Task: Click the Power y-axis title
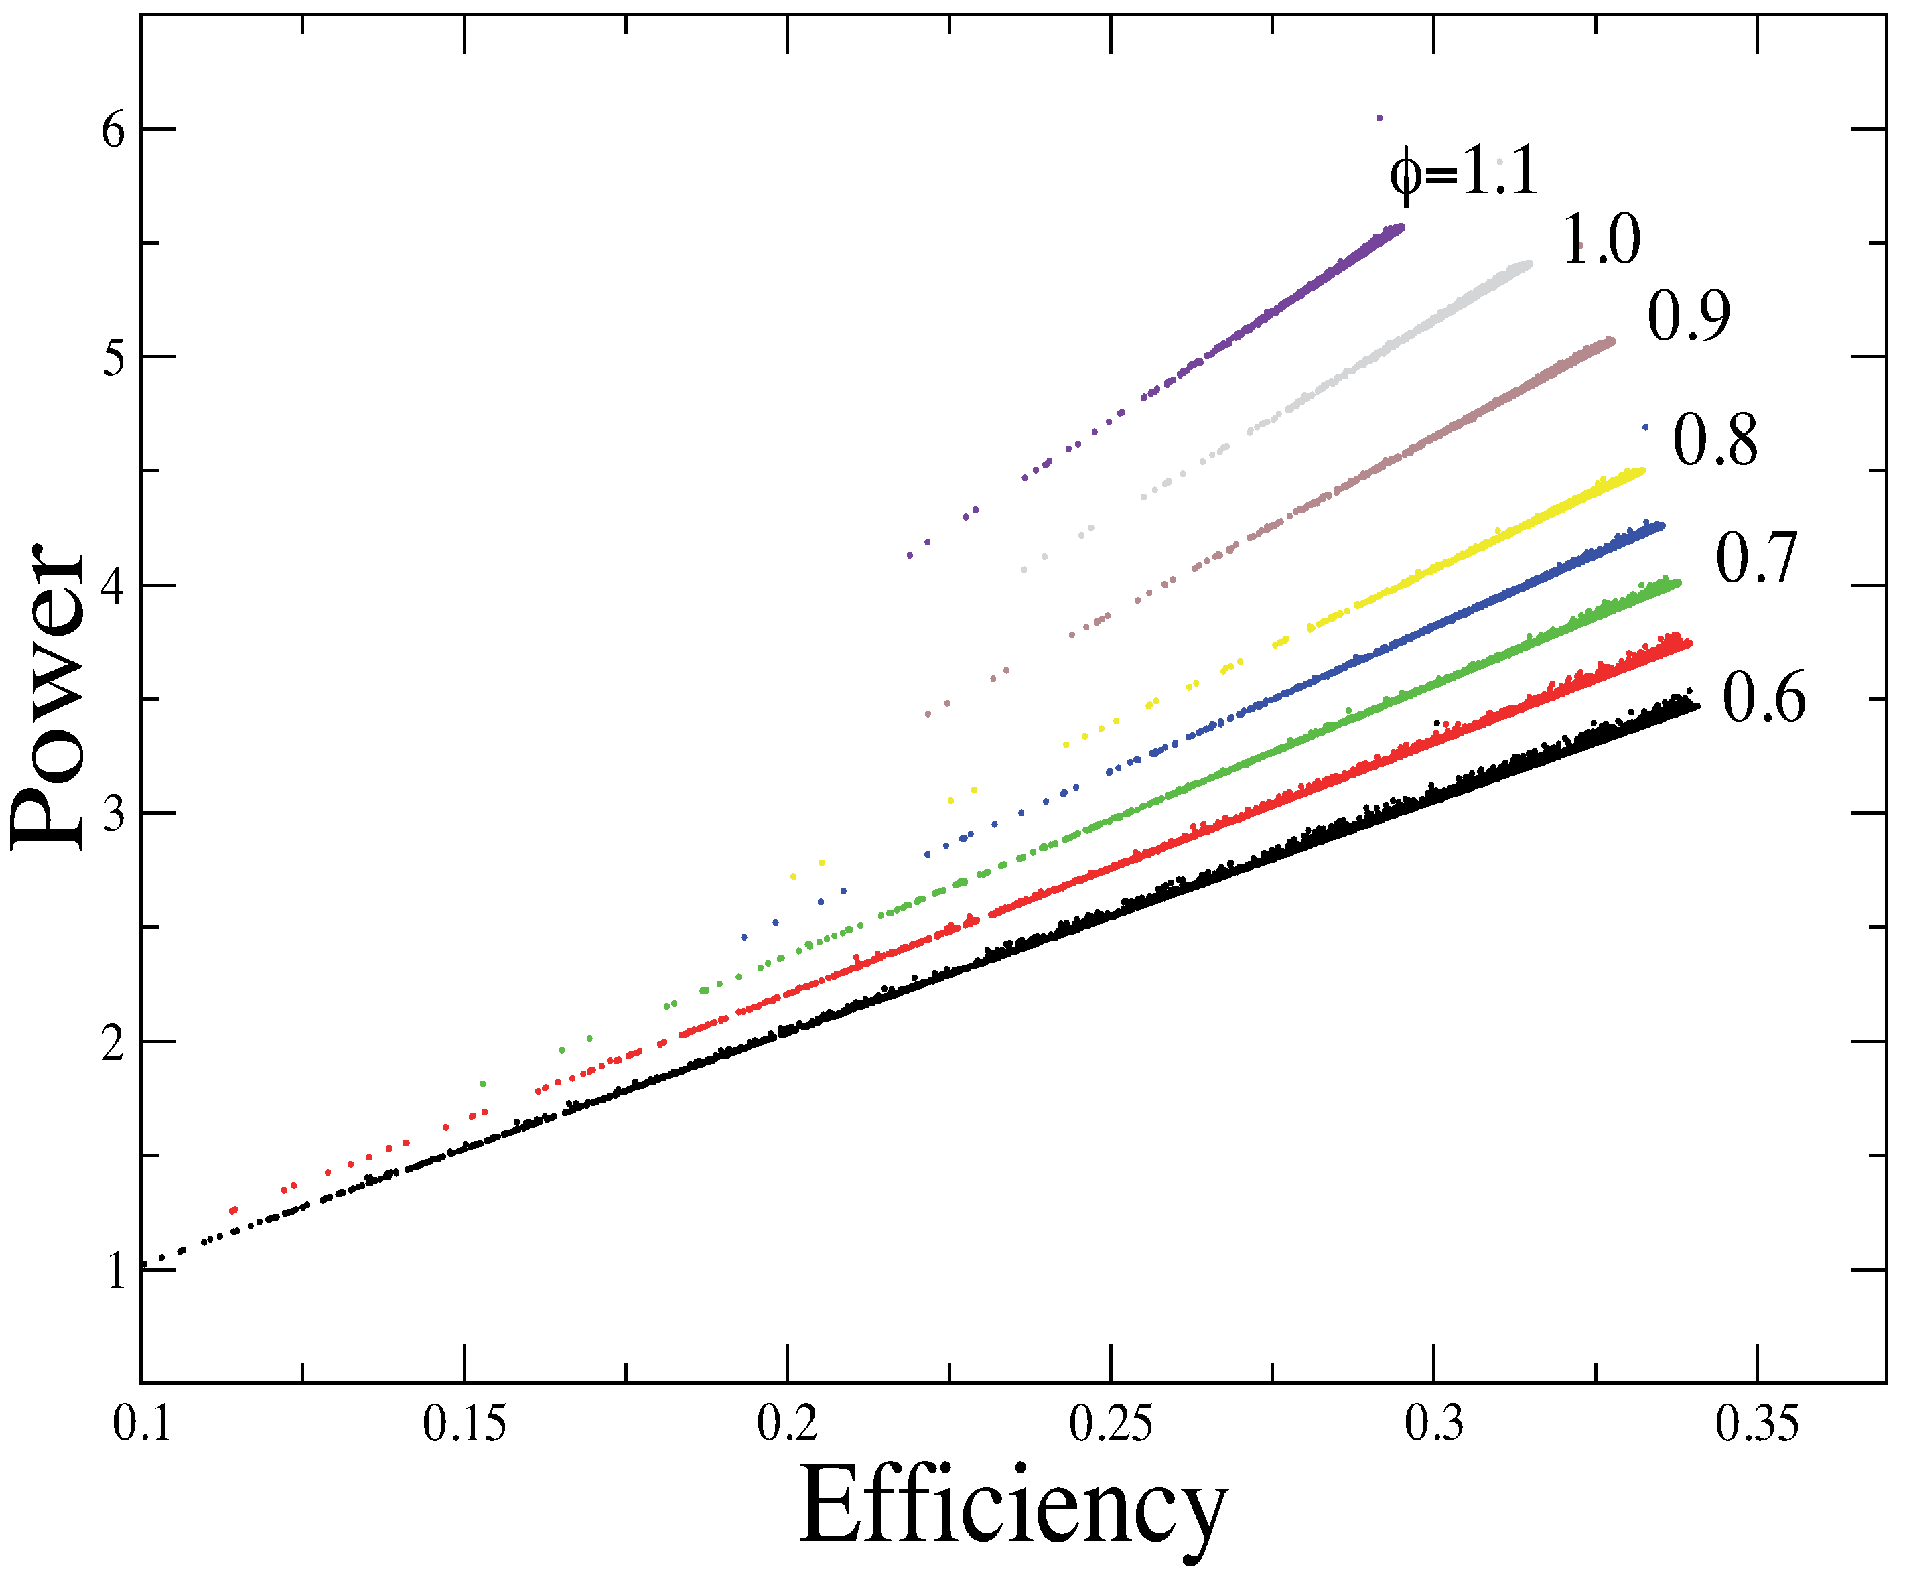tap(47, 697)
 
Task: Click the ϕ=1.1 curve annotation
tap(1463, 173)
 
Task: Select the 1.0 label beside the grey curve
tap(1600, 241)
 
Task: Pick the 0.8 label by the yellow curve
tap(1714, 441)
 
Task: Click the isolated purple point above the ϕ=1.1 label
tap(1379, 117)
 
